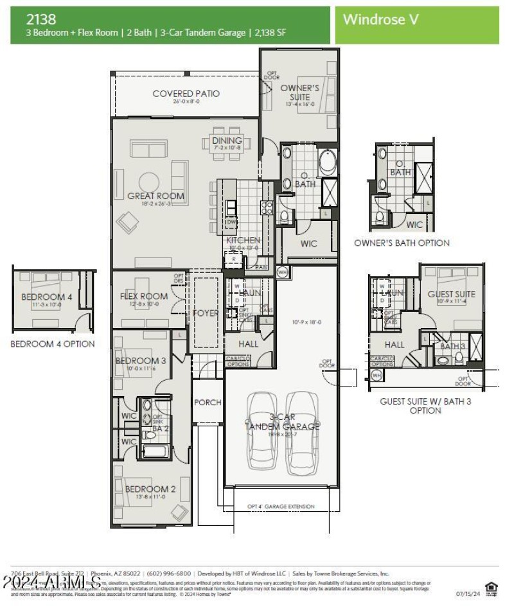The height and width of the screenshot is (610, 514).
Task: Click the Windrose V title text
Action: (x=380, y=19)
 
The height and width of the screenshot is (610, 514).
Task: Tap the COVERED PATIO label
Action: (x=186, y=94)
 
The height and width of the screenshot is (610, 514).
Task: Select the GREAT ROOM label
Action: (x=155, y=196)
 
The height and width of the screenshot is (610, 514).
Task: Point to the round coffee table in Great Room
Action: (x=150, y=182)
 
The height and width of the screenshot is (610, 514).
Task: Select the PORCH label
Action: (x=208, y=402)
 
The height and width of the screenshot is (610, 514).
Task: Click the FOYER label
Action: (x=206, y=313)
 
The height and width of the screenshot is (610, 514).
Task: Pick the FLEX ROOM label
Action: (x=144, y=296)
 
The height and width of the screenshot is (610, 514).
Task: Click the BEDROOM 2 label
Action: (x=150, y=489)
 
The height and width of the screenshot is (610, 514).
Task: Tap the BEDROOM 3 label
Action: (x=141, y=361)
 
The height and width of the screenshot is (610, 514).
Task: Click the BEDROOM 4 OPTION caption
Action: (x=52, y=344)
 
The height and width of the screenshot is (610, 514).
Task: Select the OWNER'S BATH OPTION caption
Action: (x=402, y=243)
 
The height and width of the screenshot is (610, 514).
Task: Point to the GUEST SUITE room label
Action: (x=451, y=294)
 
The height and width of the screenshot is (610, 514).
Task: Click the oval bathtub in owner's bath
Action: (x=327, y=162)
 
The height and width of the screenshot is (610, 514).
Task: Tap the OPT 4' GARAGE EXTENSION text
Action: (x=281, y=507)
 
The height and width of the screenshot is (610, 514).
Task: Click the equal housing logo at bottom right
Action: (x=492, y=588)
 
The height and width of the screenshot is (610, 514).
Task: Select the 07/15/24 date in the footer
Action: (x=467, y=594)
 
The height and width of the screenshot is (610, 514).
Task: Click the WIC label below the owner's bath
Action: (x=308, y=244)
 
